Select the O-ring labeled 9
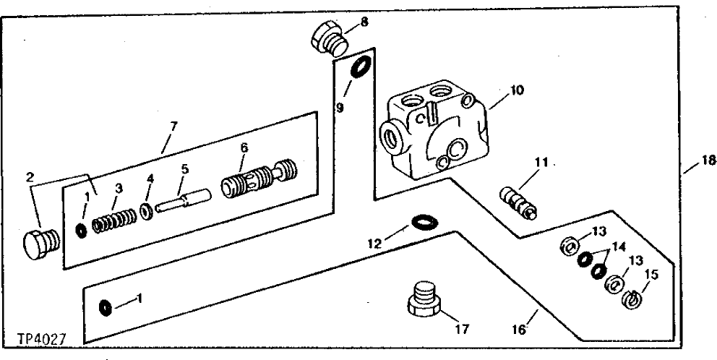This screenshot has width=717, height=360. [358, 69]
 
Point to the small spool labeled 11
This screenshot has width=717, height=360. [519, 202]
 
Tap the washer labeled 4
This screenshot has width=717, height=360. [145, 211]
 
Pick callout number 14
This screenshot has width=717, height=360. [617, 246]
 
